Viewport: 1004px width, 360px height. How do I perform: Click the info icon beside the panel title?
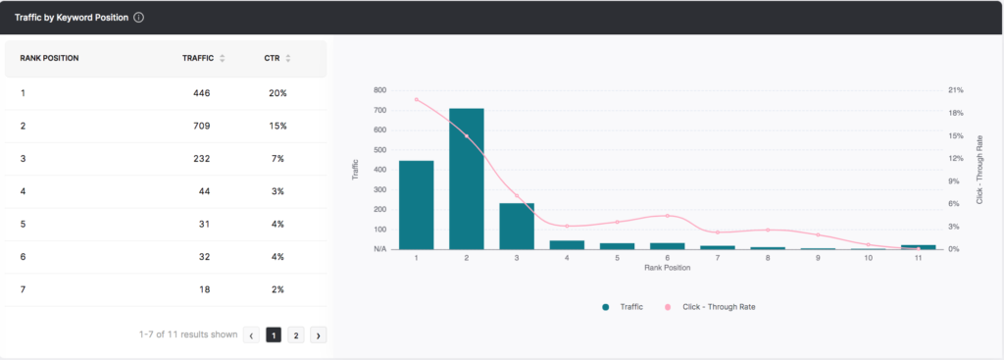139,18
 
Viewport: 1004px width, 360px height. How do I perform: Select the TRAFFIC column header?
198,58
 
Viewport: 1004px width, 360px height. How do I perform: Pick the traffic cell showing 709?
201,126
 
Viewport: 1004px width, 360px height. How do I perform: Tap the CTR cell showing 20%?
276,93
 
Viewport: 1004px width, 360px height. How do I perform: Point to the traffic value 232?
201,159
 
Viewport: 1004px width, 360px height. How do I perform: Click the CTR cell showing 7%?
278,159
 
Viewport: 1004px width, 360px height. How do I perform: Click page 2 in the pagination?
296,334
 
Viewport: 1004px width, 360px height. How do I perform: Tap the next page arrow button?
319,334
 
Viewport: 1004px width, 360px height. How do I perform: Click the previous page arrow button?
251,334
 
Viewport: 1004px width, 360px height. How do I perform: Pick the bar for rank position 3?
517,226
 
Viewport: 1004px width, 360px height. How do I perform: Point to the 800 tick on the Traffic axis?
379,90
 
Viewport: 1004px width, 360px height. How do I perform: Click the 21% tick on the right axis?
955,90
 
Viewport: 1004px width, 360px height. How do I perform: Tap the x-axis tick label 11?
918,258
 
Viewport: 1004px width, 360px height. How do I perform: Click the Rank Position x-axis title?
667,268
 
